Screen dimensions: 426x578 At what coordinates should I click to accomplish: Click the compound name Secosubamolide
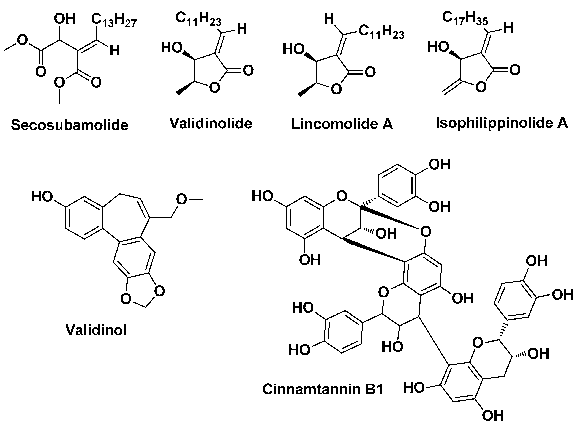(70, 125)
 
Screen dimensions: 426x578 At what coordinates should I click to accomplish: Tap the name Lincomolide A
(342, 124)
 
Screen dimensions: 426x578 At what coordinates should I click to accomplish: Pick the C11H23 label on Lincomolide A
(381, 32)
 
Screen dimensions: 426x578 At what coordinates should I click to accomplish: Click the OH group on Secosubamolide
(64, 19)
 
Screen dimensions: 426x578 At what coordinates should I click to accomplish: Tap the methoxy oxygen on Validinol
(182, 199)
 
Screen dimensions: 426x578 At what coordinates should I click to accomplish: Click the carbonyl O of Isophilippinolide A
(515, 70)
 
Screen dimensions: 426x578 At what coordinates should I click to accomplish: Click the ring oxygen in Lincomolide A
(336, 89)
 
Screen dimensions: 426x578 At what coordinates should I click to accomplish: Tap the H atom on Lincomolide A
(329, 19)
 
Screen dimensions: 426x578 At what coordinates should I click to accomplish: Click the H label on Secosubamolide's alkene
(114, 51)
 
